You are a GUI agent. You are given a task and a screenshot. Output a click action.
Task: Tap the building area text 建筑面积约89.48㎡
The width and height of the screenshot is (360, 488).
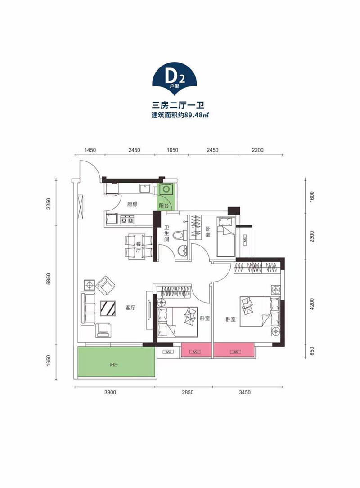point(180,115)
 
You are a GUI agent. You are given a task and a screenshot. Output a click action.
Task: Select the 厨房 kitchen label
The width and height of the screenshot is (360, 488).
point(132,205)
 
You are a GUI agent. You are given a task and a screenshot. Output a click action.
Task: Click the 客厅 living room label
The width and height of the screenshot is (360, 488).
point(130,308)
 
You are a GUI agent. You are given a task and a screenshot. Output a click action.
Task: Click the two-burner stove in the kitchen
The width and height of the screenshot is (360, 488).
point(127,219)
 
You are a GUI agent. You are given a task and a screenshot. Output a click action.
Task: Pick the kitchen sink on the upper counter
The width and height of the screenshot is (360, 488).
point(145,188)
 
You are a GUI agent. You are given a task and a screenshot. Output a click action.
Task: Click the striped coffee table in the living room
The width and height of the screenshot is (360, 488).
point(108,309)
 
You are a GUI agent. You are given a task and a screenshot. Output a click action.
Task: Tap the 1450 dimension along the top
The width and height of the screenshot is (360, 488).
point(90,150)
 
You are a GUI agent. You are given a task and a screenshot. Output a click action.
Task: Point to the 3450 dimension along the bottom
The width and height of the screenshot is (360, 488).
point(245,392)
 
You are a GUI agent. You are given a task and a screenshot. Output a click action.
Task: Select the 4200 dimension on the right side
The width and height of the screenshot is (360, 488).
point(312,304)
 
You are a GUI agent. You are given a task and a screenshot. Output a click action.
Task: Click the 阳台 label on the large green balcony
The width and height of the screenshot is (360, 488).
point(114,364)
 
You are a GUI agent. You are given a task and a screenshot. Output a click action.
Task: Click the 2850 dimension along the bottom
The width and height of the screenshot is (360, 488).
point(188,392)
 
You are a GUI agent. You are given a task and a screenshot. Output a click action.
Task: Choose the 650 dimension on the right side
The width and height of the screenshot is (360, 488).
point(312,351)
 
